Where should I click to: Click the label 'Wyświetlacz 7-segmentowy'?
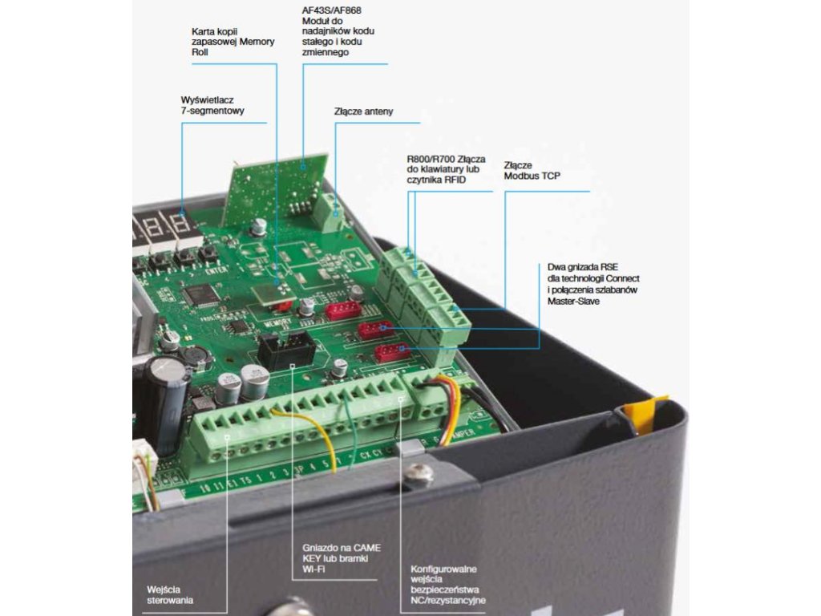click(212, 105)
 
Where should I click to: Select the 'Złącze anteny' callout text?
click(363, 111)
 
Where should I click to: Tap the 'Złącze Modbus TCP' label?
click(531, 170)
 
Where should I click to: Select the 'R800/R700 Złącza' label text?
click(446, 159)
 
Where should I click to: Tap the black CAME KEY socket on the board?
click(286, 350)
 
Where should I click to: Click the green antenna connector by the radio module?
click(327, 211)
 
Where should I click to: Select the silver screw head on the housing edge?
click(418, 474)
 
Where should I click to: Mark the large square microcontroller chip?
click(200, 294)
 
